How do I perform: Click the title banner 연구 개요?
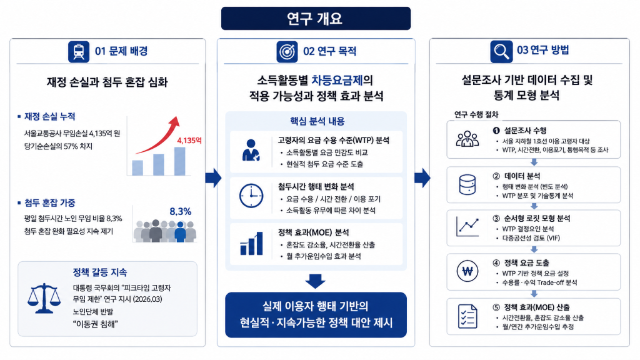[316, 18]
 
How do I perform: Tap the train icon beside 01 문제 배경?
[79, 52]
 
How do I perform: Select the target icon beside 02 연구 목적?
[287, 52]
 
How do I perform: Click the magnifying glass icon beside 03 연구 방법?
[501, 51]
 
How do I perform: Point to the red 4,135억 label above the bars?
[189, 141]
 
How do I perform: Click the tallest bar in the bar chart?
[179, 161]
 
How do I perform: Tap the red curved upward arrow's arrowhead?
[175, 122]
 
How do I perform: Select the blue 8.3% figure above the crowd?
[181, 211]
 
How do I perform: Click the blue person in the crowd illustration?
[180, 231]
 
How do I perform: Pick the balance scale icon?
[44, 298]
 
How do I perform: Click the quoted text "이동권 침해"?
[96, 324]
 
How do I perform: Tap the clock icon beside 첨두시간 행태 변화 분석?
[251, 196]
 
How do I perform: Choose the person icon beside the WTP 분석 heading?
[251, 150]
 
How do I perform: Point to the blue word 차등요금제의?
[342, 79]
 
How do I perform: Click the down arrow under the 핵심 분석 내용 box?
[315, 281]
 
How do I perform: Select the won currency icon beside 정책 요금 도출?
[467, 271]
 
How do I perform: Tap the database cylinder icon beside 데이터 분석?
[467, 184]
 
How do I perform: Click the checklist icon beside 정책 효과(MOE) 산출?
[467, 316]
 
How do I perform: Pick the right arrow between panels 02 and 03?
[422, 178]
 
